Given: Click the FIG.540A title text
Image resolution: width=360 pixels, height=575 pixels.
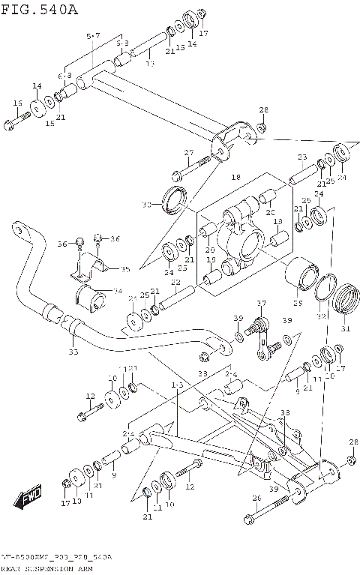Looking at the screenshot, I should coord(38,9).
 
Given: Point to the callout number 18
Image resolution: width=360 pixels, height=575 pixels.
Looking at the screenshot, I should coord(235,178).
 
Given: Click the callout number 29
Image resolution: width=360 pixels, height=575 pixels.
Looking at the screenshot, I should coord(297,302).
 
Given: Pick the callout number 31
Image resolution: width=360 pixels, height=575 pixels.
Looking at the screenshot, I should coord(346,327).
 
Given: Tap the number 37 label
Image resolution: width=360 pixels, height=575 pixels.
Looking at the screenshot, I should coord(261,304).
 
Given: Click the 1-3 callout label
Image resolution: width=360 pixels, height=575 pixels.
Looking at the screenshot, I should coord(177,385).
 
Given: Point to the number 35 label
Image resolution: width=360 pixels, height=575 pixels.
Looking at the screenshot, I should coord(125,268).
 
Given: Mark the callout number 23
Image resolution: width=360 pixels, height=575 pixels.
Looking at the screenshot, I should coord(302,157).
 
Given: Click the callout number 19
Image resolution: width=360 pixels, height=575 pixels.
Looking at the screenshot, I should coord(211,260).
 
